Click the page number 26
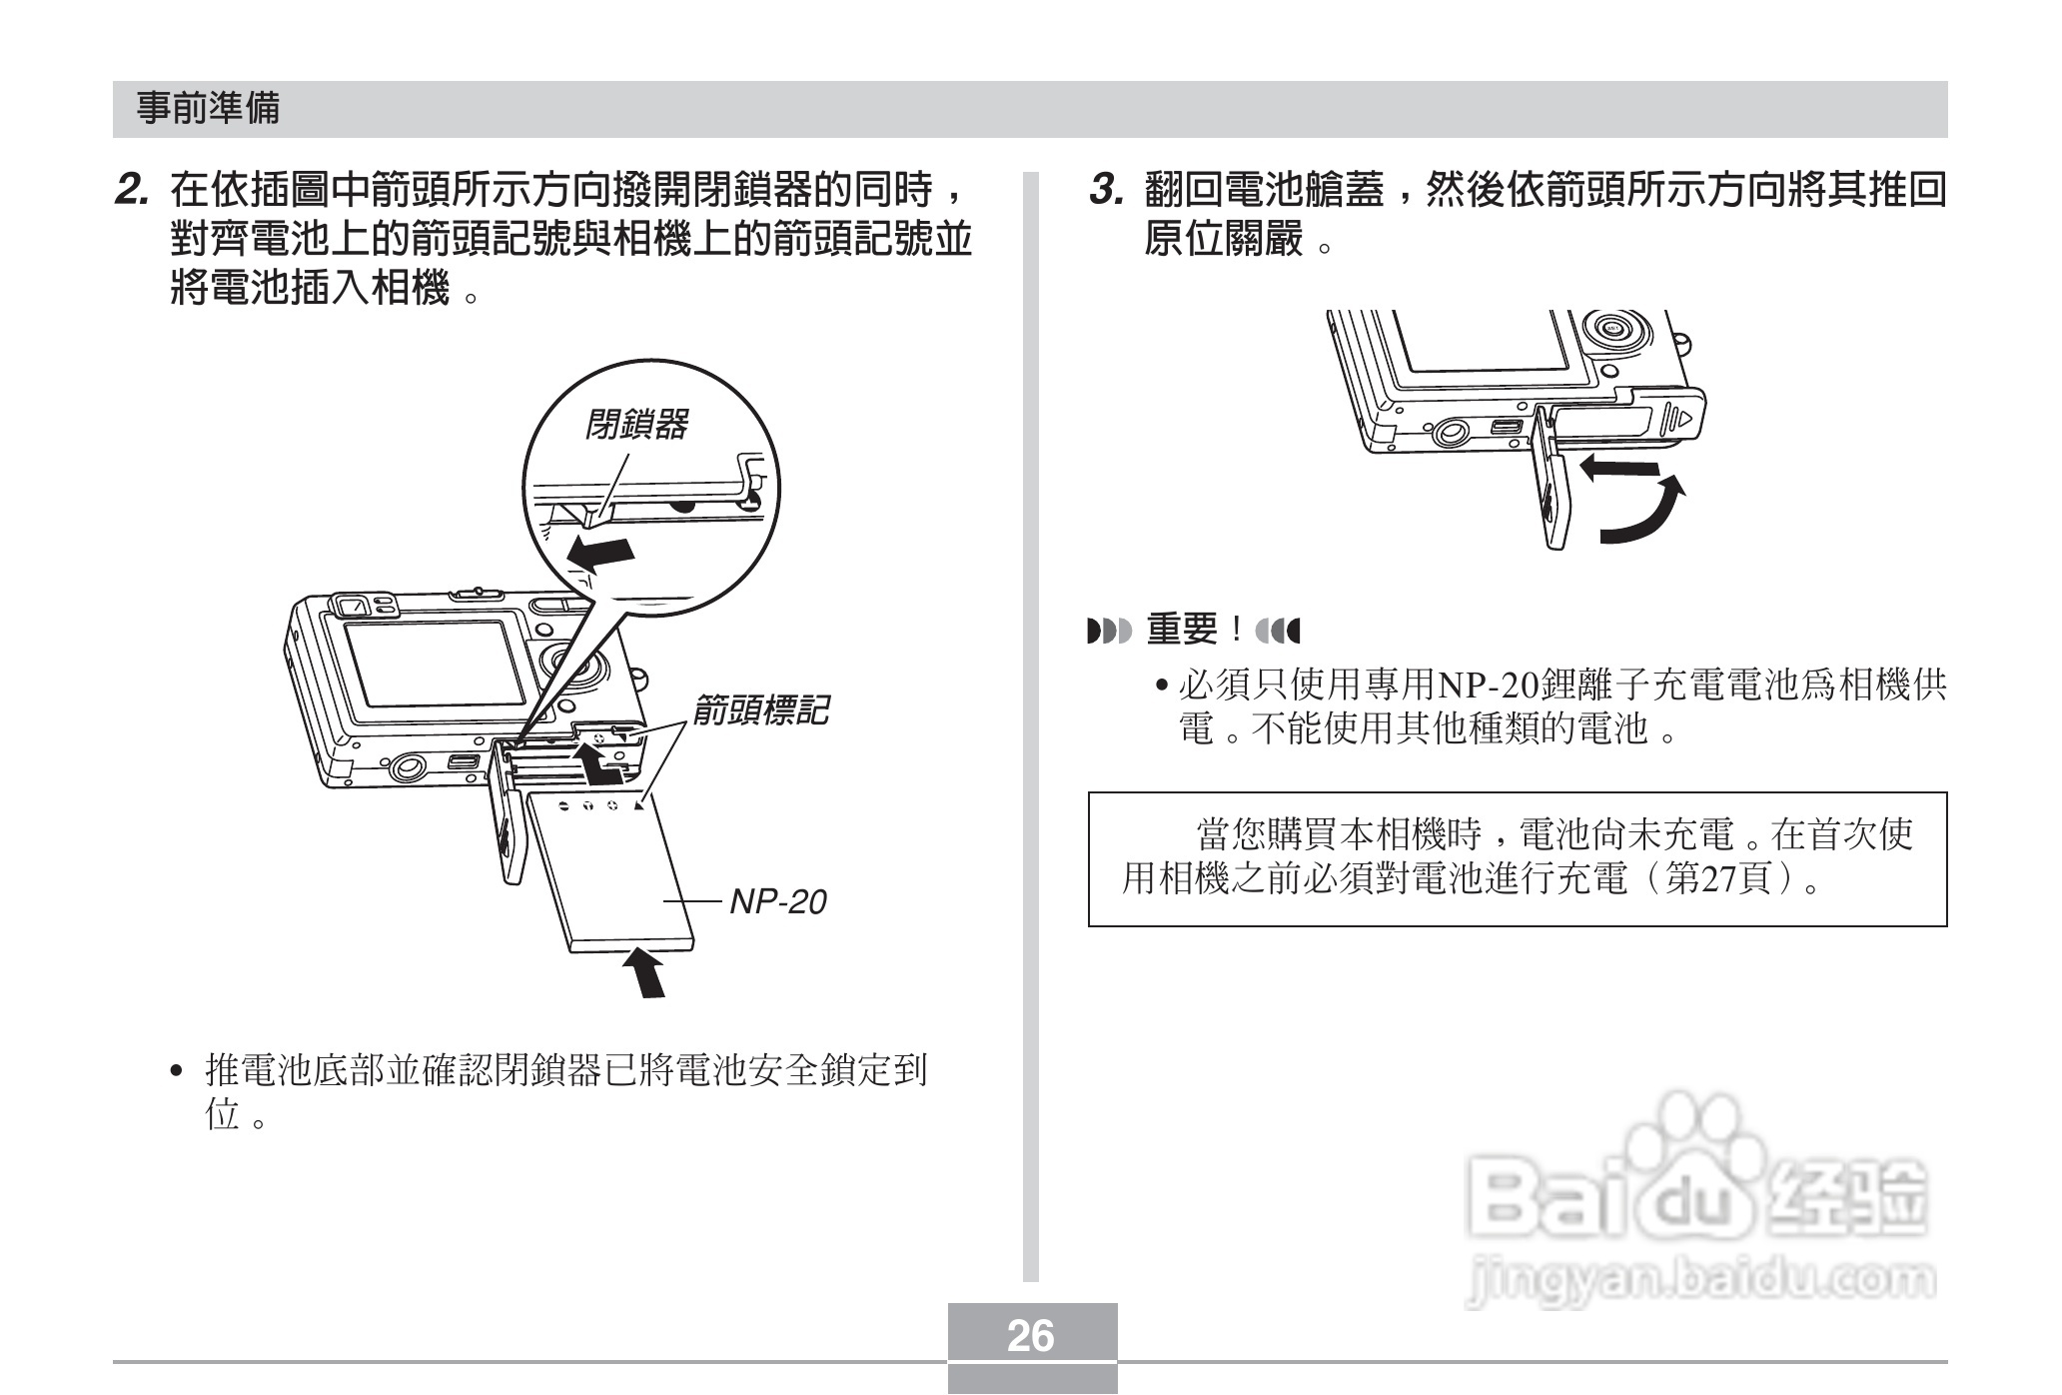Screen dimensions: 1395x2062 click(x=1031, y=1335)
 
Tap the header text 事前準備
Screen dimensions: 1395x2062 click(x=208, y=109)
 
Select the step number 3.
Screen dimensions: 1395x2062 click(x=1106, y=189)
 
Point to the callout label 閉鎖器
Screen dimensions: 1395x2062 click(x=636, y=425)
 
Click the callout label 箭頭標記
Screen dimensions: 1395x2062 click(x=760, y=710)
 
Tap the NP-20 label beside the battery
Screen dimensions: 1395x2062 click(x=777, y=902)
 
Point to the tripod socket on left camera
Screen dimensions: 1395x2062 click(x=407, y=767)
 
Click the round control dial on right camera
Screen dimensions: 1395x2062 click(x=1611, y=329)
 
